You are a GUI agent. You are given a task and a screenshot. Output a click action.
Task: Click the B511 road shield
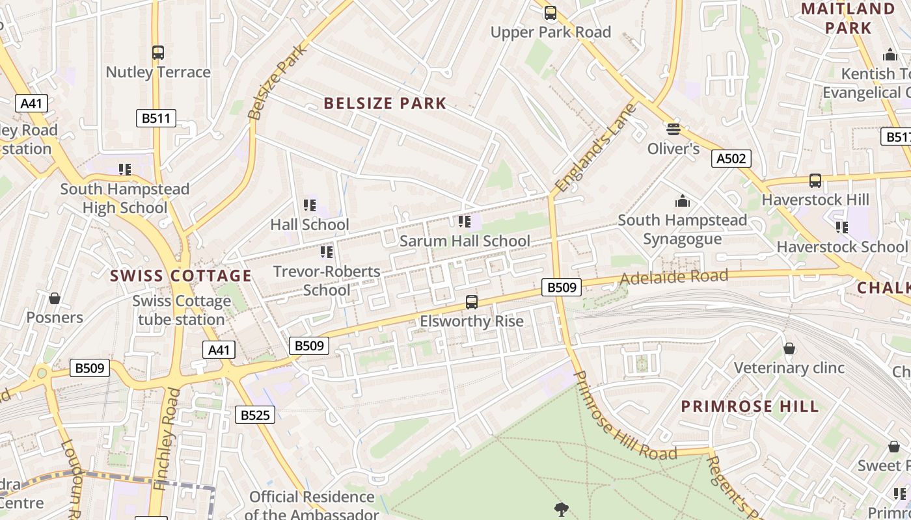click(156, 118)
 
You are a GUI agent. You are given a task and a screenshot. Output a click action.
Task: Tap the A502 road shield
click(731, 159)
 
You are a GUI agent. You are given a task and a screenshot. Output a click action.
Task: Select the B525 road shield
click(254, 415)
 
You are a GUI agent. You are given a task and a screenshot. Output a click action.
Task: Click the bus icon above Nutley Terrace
click(158, 53)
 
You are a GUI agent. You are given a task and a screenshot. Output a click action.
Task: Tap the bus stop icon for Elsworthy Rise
click(472, 302)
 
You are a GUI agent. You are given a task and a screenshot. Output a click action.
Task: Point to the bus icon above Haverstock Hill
click(815, 181)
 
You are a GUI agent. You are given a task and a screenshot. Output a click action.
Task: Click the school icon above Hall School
click(310, 205)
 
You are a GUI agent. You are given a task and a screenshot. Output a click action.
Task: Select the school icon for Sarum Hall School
click(465, 222)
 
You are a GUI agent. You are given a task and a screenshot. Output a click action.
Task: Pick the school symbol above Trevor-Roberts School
click(327, 252)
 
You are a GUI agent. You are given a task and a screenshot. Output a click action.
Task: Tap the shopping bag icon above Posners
click(55, 298)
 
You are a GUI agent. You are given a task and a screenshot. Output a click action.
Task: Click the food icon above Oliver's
click(673, 129)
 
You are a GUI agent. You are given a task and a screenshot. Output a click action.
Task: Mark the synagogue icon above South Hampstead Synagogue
click(682, 201)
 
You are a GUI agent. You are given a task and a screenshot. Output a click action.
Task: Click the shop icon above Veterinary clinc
click(789, 349)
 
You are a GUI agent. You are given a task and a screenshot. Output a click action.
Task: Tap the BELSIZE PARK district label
click(385, 103)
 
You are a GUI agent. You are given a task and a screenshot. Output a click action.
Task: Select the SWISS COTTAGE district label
click(181, 276)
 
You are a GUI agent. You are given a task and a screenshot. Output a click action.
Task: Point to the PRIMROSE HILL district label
click(750, 407)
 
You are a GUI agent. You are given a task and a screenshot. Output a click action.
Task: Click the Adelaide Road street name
click(673, 278)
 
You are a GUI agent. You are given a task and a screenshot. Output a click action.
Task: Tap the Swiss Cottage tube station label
click(182, 310)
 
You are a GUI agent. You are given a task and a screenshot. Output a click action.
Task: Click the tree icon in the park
click(560, 509)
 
